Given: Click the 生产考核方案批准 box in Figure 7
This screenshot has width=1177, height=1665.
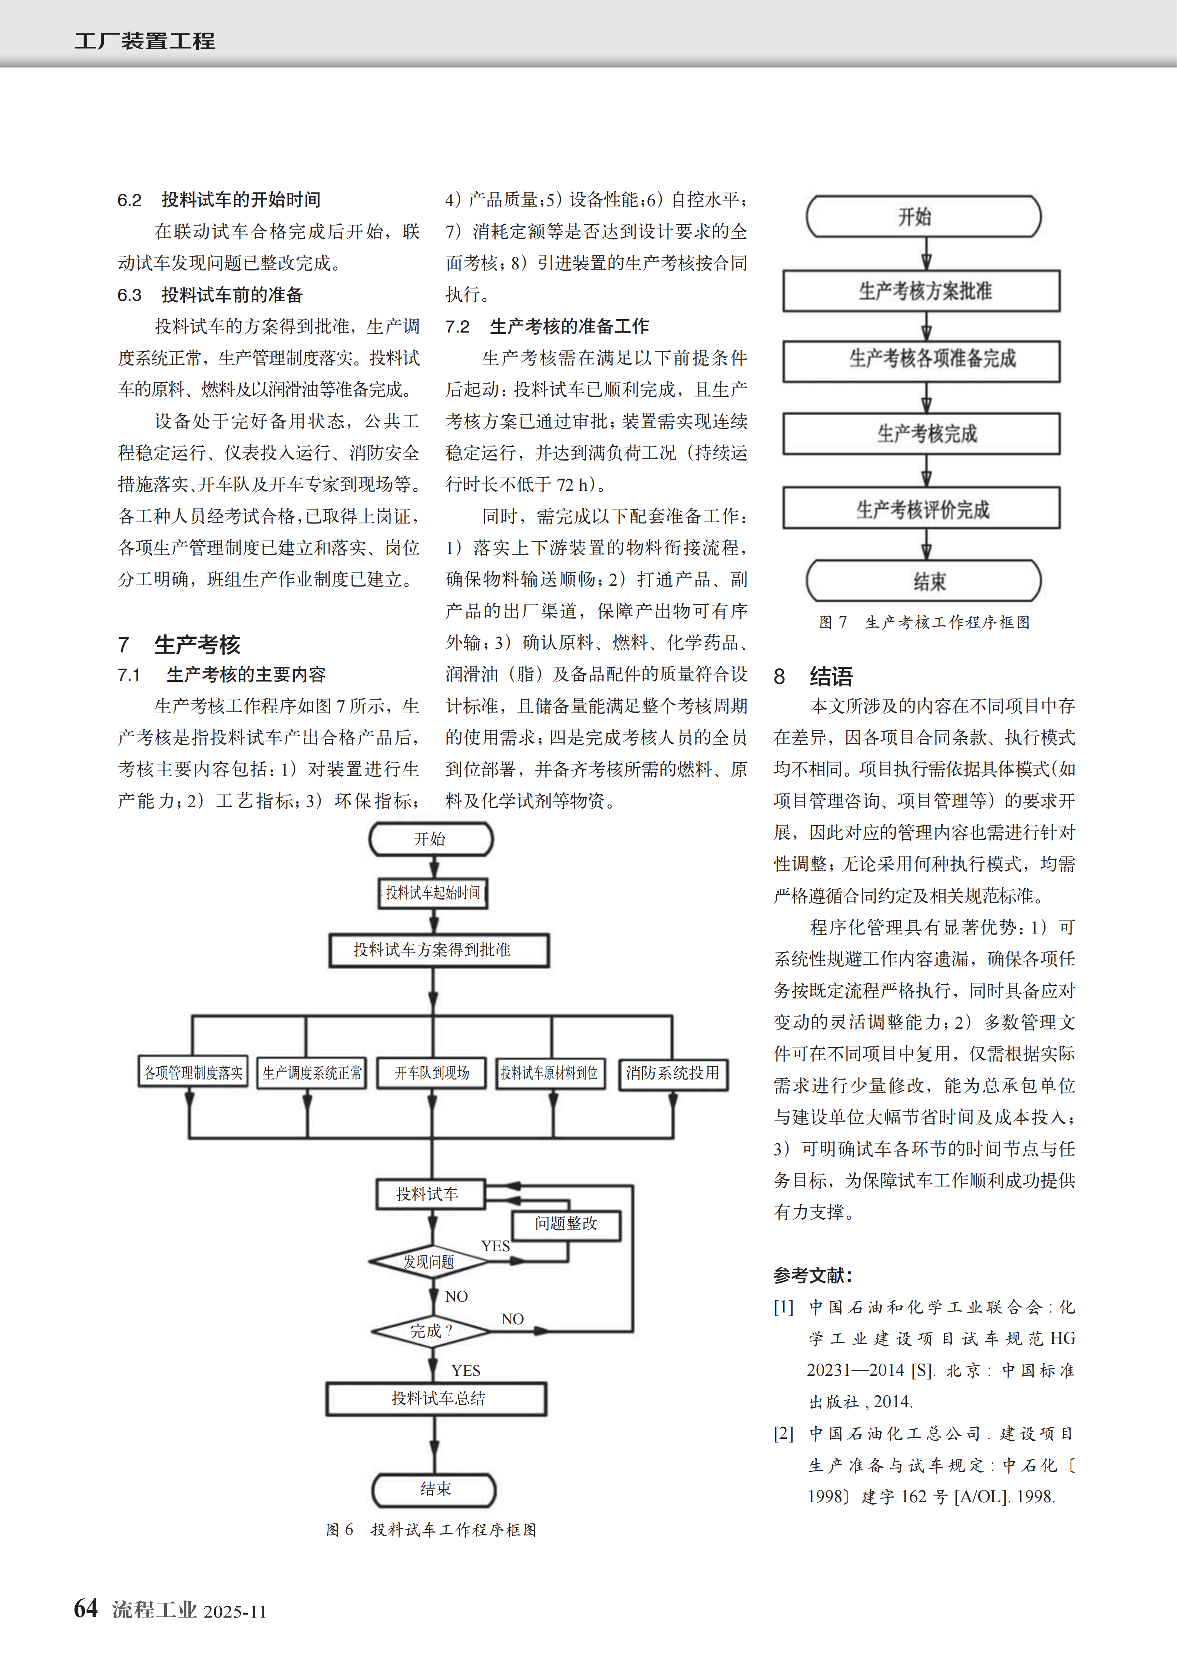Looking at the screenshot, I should pos(921,291).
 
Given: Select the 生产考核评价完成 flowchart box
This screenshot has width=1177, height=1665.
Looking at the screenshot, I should pos(921,509).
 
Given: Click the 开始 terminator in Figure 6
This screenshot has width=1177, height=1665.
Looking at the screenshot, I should pos(431,839).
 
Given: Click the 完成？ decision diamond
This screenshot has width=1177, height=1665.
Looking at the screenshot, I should pos(431,1331).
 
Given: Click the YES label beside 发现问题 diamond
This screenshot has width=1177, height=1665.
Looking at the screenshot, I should pos(495,1246).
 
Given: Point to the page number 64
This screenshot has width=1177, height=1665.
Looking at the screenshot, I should pos(86,1608).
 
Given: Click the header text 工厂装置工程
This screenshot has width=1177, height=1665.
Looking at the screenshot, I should pos(144,41).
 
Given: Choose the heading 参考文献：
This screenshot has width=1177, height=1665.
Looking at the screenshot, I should pos(812,1275).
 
